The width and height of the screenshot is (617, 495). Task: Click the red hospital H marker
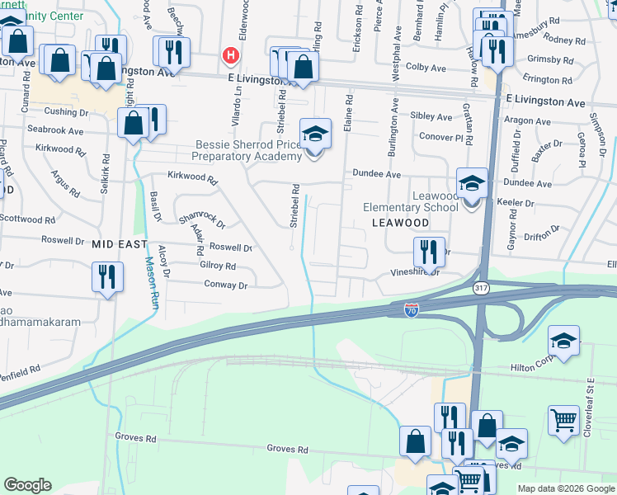click(231, 55)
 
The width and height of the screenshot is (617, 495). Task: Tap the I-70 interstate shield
click(412, 309)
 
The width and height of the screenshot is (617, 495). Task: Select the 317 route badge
click(481, 288)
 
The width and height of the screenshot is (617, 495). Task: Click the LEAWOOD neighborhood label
click(400, 223)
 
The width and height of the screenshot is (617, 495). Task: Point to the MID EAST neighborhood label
click(119, 244)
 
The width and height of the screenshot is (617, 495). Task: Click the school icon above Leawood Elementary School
click(473, 184)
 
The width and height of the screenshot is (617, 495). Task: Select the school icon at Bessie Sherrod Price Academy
click(315, 134)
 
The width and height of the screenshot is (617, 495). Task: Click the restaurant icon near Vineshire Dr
click(429, 252)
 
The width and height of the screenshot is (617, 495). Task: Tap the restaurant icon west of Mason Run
click(107, 277)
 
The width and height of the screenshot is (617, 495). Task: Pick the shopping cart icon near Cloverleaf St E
click(564, 420)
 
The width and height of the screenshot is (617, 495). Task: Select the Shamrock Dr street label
click(201, 219)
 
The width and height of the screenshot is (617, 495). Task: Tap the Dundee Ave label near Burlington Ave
click(376, 174)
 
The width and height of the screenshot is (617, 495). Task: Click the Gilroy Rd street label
click(217, 266)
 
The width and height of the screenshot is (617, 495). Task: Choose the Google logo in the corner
click(28, 485)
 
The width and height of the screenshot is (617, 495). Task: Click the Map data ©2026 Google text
click(566, 488)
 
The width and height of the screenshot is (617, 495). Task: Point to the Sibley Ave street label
click(431, 117)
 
